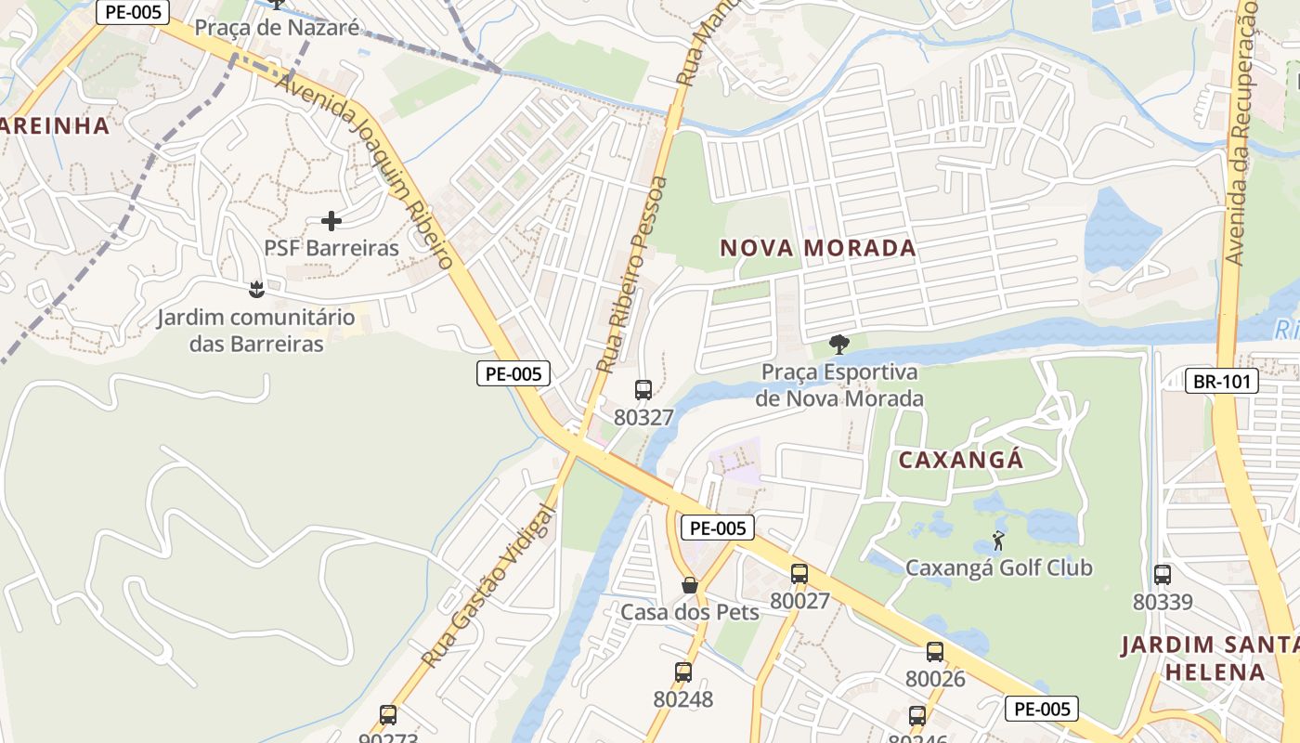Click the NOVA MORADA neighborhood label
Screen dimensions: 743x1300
818,248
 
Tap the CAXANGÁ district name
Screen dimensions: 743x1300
960,460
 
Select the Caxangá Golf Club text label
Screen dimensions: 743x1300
999,567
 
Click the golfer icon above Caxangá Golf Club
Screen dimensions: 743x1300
998,541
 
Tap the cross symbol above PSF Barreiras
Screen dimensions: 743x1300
331,221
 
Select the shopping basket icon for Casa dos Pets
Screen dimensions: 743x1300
690,585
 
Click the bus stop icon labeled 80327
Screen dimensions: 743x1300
643,390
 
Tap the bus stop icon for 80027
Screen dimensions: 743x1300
799,574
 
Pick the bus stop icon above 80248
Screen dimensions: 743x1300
683,671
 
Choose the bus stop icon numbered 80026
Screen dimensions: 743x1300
935,652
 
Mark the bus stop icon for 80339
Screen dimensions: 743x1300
1163,575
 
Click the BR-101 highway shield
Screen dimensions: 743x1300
1222,381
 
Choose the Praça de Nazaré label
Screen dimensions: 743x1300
277,27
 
